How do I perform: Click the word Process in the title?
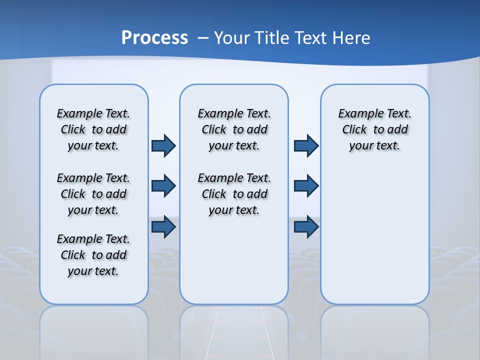point(154,38)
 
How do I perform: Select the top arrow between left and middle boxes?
point(163,145)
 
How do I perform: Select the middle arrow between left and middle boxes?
point(163,186)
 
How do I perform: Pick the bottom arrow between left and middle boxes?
point(163,227)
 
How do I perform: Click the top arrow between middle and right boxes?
point(306,145)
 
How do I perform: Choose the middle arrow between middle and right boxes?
point(306,186)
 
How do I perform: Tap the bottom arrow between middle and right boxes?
point(306,227)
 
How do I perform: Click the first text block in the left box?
point(93,129)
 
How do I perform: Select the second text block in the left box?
point(93,194)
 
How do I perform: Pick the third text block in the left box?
point(93,255)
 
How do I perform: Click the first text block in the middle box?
point(234,129)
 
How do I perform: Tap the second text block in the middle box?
point(234,194)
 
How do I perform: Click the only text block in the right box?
point(375,129)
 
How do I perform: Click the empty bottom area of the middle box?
point(234,265)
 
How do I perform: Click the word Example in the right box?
point(356,114)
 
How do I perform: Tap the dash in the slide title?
point(203,38)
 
